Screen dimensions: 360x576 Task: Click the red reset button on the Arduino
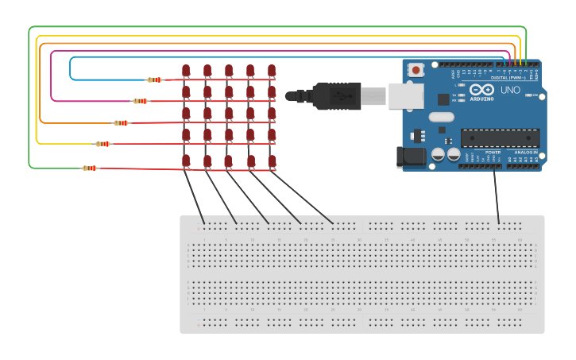click(x=416, y=70)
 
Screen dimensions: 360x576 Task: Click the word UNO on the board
click(x=510, y=91)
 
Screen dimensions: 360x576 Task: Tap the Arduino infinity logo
click(x=481, y=89)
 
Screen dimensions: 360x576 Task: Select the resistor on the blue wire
click(x=155, y=79)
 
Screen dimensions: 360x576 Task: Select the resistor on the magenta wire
click(x=141, y=101)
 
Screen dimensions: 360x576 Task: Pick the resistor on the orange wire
click(x=121, y=123)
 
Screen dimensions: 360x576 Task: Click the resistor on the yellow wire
click(x=103, y=144)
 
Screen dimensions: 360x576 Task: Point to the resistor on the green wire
click(x=90, y=168)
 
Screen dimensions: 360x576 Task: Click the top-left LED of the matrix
click(x=186, y=71)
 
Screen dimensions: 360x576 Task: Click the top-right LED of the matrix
click(x=272, y=71)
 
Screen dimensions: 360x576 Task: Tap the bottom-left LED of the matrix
click(x=186, y=161)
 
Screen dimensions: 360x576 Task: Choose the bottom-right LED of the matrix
click(x=272, y=161)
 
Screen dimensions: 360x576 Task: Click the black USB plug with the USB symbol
click(x=337, y=96)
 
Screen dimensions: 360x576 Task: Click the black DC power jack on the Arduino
click(x=412, y=156)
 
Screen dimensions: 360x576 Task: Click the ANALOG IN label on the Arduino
click(x=524, y=152)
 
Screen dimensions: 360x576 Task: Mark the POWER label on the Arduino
click(x=493, y=152)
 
